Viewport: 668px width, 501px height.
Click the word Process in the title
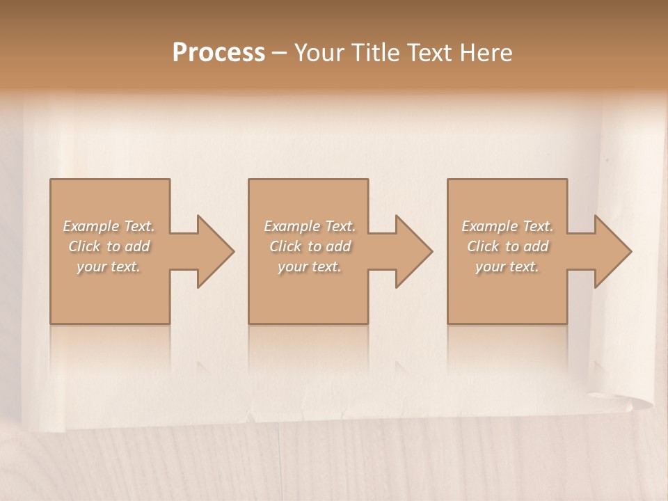point(218,53)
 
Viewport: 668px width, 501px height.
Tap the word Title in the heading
point(375,53)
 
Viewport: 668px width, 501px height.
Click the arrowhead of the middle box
point(413,251)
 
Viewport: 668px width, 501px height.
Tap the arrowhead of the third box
point(612,251)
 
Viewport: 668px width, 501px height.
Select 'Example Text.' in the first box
point(109,226)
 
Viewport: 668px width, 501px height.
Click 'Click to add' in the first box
point(109,246)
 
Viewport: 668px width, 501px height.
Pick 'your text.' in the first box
point(109,267)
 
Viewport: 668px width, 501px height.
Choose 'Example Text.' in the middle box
point(310,226)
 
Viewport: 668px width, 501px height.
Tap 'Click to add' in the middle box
point(310,246)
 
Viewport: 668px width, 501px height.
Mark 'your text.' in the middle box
point(310,267)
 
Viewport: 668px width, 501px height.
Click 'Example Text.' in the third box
point(507,226)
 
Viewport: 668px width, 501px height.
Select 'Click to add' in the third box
point(507,246)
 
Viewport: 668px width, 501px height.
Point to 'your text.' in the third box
point(507,267)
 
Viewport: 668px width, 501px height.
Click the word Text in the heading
point(427,53)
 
